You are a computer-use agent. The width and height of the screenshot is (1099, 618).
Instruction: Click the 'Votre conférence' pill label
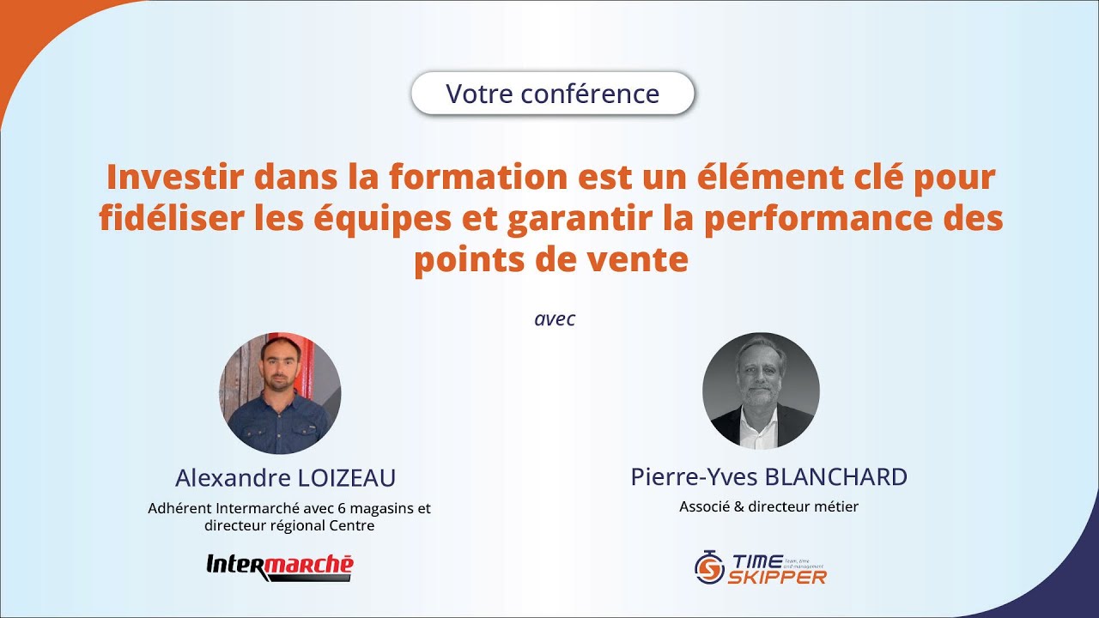point(552,94)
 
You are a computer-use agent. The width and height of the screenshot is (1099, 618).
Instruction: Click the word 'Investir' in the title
point(164,178)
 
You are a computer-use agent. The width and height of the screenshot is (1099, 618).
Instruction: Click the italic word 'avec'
point(554,319)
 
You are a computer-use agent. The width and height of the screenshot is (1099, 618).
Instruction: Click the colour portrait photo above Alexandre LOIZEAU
point(280,393)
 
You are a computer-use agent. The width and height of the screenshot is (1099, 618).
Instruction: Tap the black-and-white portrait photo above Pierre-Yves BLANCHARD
point(761,391)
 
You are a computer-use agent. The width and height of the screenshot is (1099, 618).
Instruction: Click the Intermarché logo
point(280,566)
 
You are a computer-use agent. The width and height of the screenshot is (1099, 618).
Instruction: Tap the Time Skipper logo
point(760,568)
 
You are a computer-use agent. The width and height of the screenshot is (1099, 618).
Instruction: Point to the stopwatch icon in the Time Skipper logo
point(709,567)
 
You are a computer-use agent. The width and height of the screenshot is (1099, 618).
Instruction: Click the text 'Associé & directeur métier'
point(768,506)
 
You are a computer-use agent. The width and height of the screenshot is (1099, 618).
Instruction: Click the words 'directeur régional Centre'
point(289,525)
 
